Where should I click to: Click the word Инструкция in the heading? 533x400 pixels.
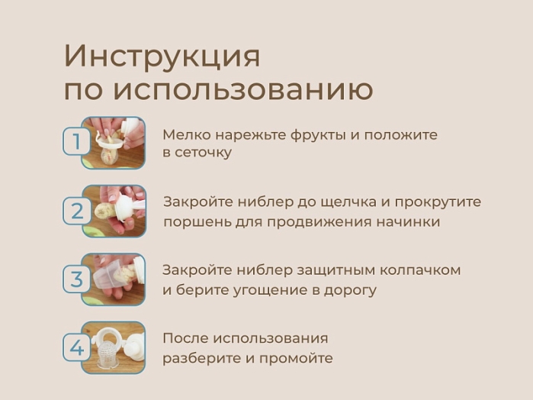[162, 56]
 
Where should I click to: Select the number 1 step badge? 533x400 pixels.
[75, 142]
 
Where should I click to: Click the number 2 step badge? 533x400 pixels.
[75, 210]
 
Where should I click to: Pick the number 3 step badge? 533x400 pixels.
[75, 279]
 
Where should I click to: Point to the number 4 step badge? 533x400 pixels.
[75, 348]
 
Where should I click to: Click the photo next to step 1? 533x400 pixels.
[114, 143]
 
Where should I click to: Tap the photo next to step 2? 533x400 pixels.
[114, 211]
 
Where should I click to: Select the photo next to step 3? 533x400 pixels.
[114, 279]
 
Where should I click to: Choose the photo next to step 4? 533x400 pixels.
[114, 348]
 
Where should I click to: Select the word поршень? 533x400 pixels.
[191, 222]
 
